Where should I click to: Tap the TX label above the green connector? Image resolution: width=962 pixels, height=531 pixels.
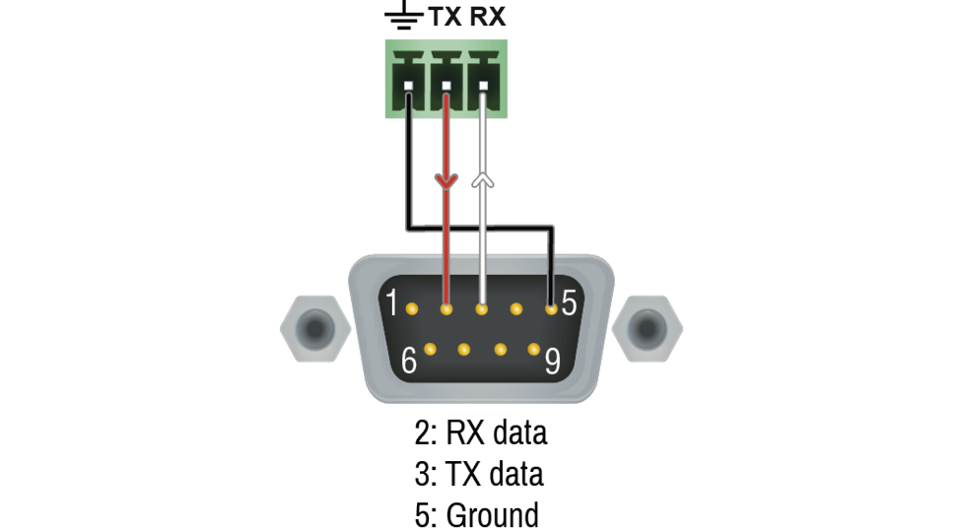pos(443,17)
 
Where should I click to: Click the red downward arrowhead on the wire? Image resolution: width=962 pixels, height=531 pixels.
pos(447,180)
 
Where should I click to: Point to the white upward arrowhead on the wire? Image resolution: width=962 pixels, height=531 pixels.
pos(482,179)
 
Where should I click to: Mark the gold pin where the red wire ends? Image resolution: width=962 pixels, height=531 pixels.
pos(447,309)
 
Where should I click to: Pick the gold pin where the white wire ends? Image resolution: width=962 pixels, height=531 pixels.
pos(482,309)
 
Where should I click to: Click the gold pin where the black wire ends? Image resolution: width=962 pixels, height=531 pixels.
pos(552,309)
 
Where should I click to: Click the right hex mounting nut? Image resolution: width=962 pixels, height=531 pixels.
pos(648,324)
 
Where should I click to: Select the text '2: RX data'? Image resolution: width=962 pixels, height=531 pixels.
pos(480,432)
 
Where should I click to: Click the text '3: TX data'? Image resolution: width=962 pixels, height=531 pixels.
pos(479,474)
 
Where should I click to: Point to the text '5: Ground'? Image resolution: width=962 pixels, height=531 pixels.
pos(477,514)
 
